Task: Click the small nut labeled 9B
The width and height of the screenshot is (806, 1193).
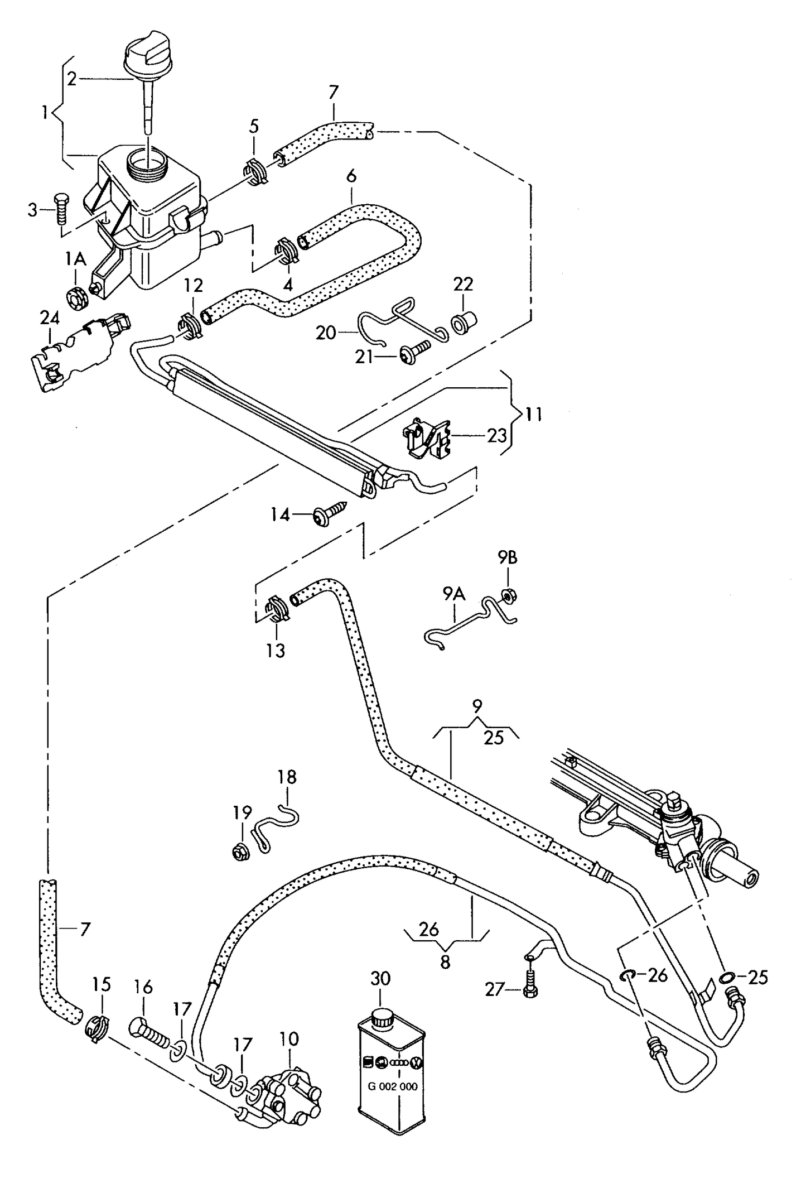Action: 508,596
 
